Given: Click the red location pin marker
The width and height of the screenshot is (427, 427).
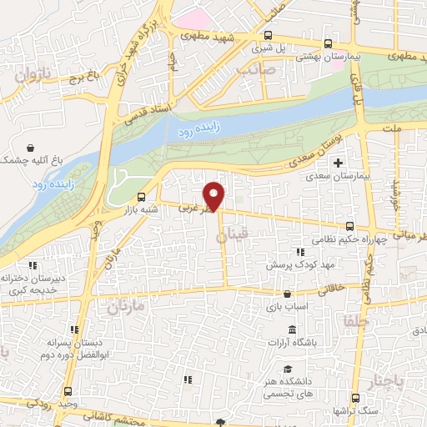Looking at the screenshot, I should coord(215,195).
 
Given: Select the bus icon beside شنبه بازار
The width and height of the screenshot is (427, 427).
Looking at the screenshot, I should coord(141,198).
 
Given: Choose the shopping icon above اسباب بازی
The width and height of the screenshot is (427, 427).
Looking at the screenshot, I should coord(288,293).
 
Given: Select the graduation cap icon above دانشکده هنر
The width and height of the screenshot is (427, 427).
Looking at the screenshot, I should coord(288,369).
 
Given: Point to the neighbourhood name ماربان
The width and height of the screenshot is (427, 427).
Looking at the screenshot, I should coord(125,308).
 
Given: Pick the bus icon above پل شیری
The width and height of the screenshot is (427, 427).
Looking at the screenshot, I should coord(267,35).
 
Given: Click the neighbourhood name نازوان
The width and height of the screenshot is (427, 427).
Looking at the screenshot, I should coord(34,75).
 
